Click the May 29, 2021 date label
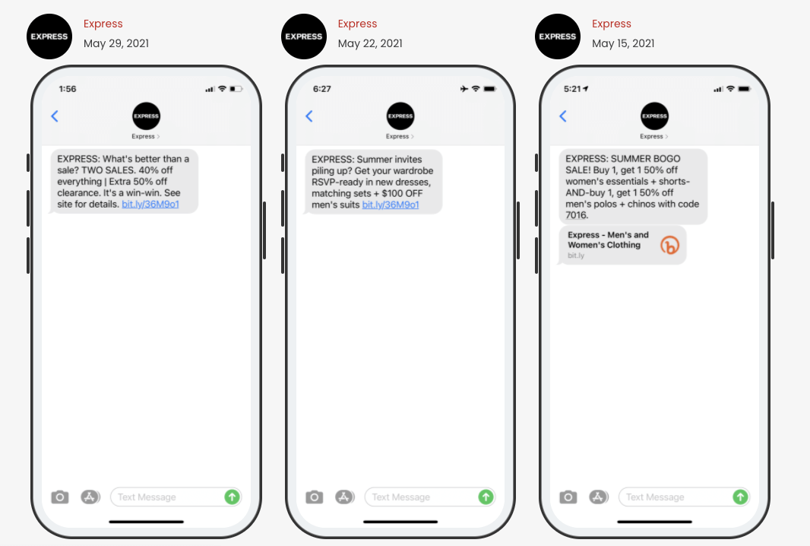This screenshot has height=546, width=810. click(x=116, y=43)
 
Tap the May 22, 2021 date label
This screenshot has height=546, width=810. click(x=370, y=43)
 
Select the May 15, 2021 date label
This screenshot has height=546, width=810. click(x=623, y=43)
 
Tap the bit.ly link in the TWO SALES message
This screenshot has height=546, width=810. click(x=150, y=205)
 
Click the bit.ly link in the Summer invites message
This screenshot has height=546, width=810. click(x=391, y=205)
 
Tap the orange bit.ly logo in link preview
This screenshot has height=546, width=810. click(x=669, y=245)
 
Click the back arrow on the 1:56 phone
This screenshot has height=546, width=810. click(x=55, y=116)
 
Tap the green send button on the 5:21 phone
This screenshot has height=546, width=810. click(x=740, y=497)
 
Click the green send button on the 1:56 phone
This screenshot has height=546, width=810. click(x=232, y=497)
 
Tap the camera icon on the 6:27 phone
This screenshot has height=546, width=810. click(x=314, y=497)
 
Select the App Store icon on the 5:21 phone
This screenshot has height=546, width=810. click(x=598, y=497)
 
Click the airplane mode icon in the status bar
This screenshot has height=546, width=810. click(x=464, y=89)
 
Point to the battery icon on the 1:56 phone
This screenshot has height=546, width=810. click(x=236, y=89)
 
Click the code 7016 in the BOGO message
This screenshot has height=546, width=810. click(x=576, y=215)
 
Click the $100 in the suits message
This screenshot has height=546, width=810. click(x=391, y=193)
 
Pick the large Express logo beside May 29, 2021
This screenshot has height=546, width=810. click(x=49, y=37)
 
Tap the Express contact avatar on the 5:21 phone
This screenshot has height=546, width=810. click(x=654, y=116)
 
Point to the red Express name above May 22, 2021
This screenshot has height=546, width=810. click(x=357, y=24)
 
